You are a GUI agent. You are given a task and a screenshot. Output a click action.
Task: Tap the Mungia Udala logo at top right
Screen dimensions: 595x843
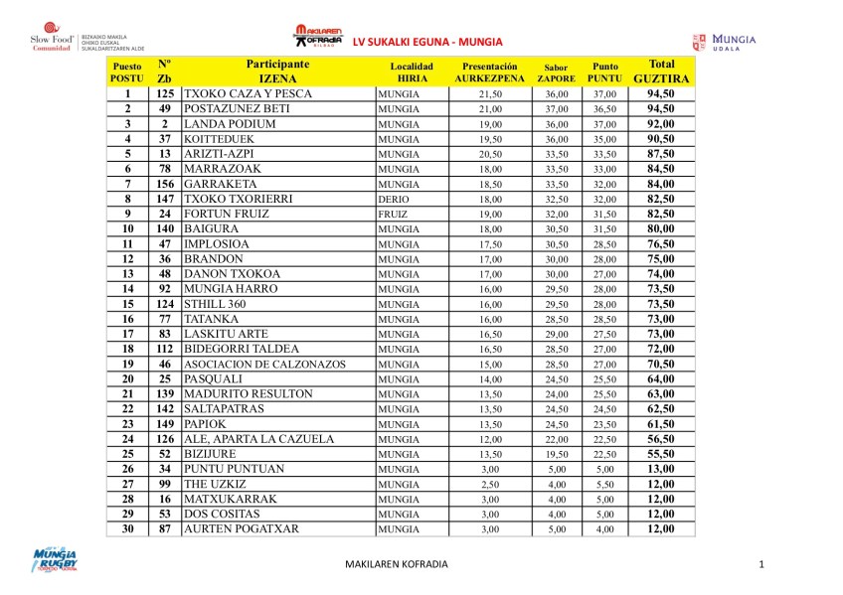(x=725, y=42)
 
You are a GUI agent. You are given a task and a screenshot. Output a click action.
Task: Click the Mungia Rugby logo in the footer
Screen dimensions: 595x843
(x=56, y=561)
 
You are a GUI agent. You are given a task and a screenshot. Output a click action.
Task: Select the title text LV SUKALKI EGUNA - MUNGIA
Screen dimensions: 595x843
(x=428, y=41)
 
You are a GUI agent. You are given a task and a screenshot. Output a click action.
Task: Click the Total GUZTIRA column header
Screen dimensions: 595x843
(x=661, y=70)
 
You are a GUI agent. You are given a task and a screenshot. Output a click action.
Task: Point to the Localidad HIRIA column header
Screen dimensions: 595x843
(x=411, y=71)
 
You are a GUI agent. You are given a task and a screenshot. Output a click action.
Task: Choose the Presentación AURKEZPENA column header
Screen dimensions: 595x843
(x=489, y=71)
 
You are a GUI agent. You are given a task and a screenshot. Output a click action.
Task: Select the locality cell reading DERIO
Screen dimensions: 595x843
(x=395, y=199)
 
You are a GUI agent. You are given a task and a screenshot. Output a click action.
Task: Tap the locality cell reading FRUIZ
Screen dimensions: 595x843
(x=395, y=214)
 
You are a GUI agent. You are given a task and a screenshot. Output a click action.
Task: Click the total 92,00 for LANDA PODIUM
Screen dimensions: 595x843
(x=661, y=123)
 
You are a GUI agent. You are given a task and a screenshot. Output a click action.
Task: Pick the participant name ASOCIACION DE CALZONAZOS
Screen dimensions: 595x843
(x=265, y=364)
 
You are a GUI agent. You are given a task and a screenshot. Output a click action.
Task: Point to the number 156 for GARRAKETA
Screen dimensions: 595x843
(x=164, y=184)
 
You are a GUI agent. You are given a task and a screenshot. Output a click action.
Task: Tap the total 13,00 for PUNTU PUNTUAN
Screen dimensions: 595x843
(x=661, y=469)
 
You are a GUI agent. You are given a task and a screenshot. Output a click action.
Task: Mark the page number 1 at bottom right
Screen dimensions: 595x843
(x=759, y=564)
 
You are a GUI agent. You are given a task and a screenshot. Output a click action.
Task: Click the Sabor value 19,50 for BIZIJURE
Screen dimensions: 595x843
(x=556, y=454)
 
